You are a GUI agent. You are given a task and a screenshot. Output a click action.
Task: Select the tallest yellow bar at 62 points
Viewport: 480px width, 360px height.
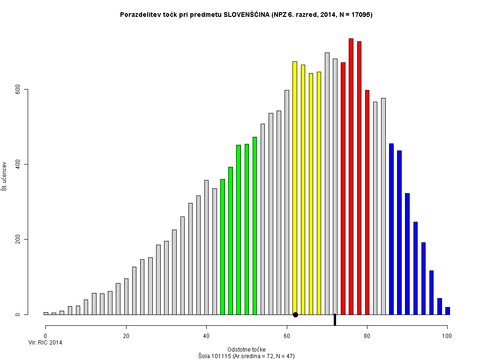pos(295,187)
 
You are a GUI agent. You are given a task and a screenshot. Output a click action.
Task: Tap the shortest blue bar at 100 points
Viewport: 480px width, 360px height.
pos(448,311)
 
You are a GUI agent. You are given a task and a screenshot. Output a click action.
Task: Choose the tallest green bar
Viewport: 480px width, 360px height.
pos(255,225)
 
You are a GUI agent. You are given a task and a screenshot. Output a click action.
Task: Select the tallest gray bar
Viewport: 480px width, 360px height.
pos(327,183)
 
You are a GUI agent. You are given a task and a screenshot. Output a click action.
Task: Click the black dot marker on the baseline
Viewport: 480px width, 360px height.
pos(295,315)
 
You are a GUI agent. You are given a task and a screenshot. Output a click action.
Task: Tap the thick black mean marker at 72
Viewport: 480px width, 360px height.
pos(335,320)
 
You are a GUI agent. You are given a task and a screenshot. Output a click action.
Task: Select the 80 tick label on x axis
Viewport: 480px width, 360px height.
pos(367,336)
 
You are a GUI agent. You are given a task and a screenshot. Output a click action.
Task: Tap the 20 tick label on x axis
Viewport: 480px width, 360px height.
pos(126,336)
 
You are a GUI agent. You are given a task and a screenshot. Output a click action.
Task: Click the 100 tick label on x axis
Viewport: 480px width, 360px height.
pos(447,336)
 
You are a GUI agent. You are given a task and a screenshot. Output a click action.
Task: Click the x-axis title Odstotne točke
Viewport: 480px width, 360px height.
pos(246,350)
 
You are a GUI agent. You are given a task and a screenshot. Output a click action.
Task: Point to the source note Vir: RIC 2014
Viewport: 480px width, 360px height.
pos(45,343)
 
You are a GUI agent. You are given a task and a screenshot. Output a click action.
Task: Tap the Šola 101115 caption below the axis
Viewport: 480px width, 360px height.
pos(246,356)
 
